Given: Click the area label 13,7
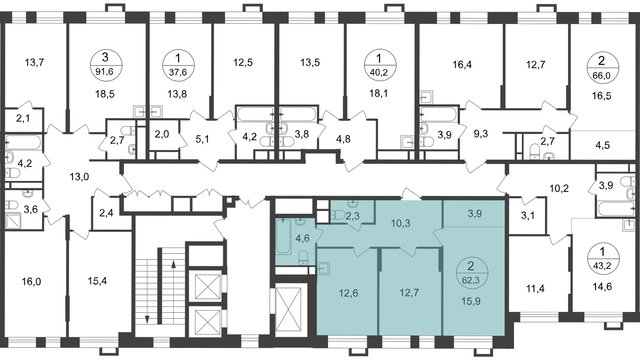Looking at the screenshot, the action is click(34, 62).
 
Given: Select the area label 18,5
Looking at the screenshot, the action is click(105, 94).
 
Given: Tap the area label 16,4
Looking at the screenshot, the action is click(462, 65).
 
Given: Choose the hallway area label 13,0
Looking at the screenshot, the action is click(79, 177).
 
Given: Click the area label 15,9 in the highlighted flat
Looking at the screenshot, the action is click(471, 301).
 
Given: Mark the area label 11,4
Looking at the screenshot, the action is click(535, 289).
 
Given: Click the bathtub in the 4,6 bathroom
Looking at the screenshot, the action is click(284, 236).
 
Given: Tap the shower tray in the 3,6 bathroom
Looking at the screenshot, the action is click(13, 220).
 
